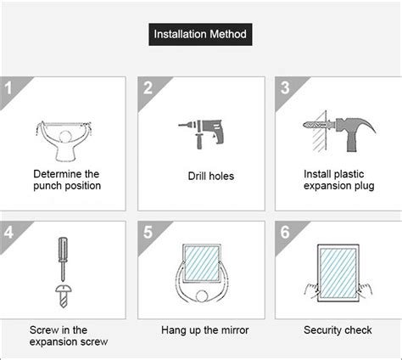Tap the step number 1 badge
tap(11, 88)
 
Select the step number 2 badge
tap(148, 88)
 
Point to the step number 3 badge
tap(286, 88)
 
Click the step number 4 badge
tap(11, 232)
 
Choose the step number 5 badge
tap(148, 232)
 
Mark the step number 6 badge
tap(286, 232)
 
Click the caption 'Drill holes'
tap(210, 177)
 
